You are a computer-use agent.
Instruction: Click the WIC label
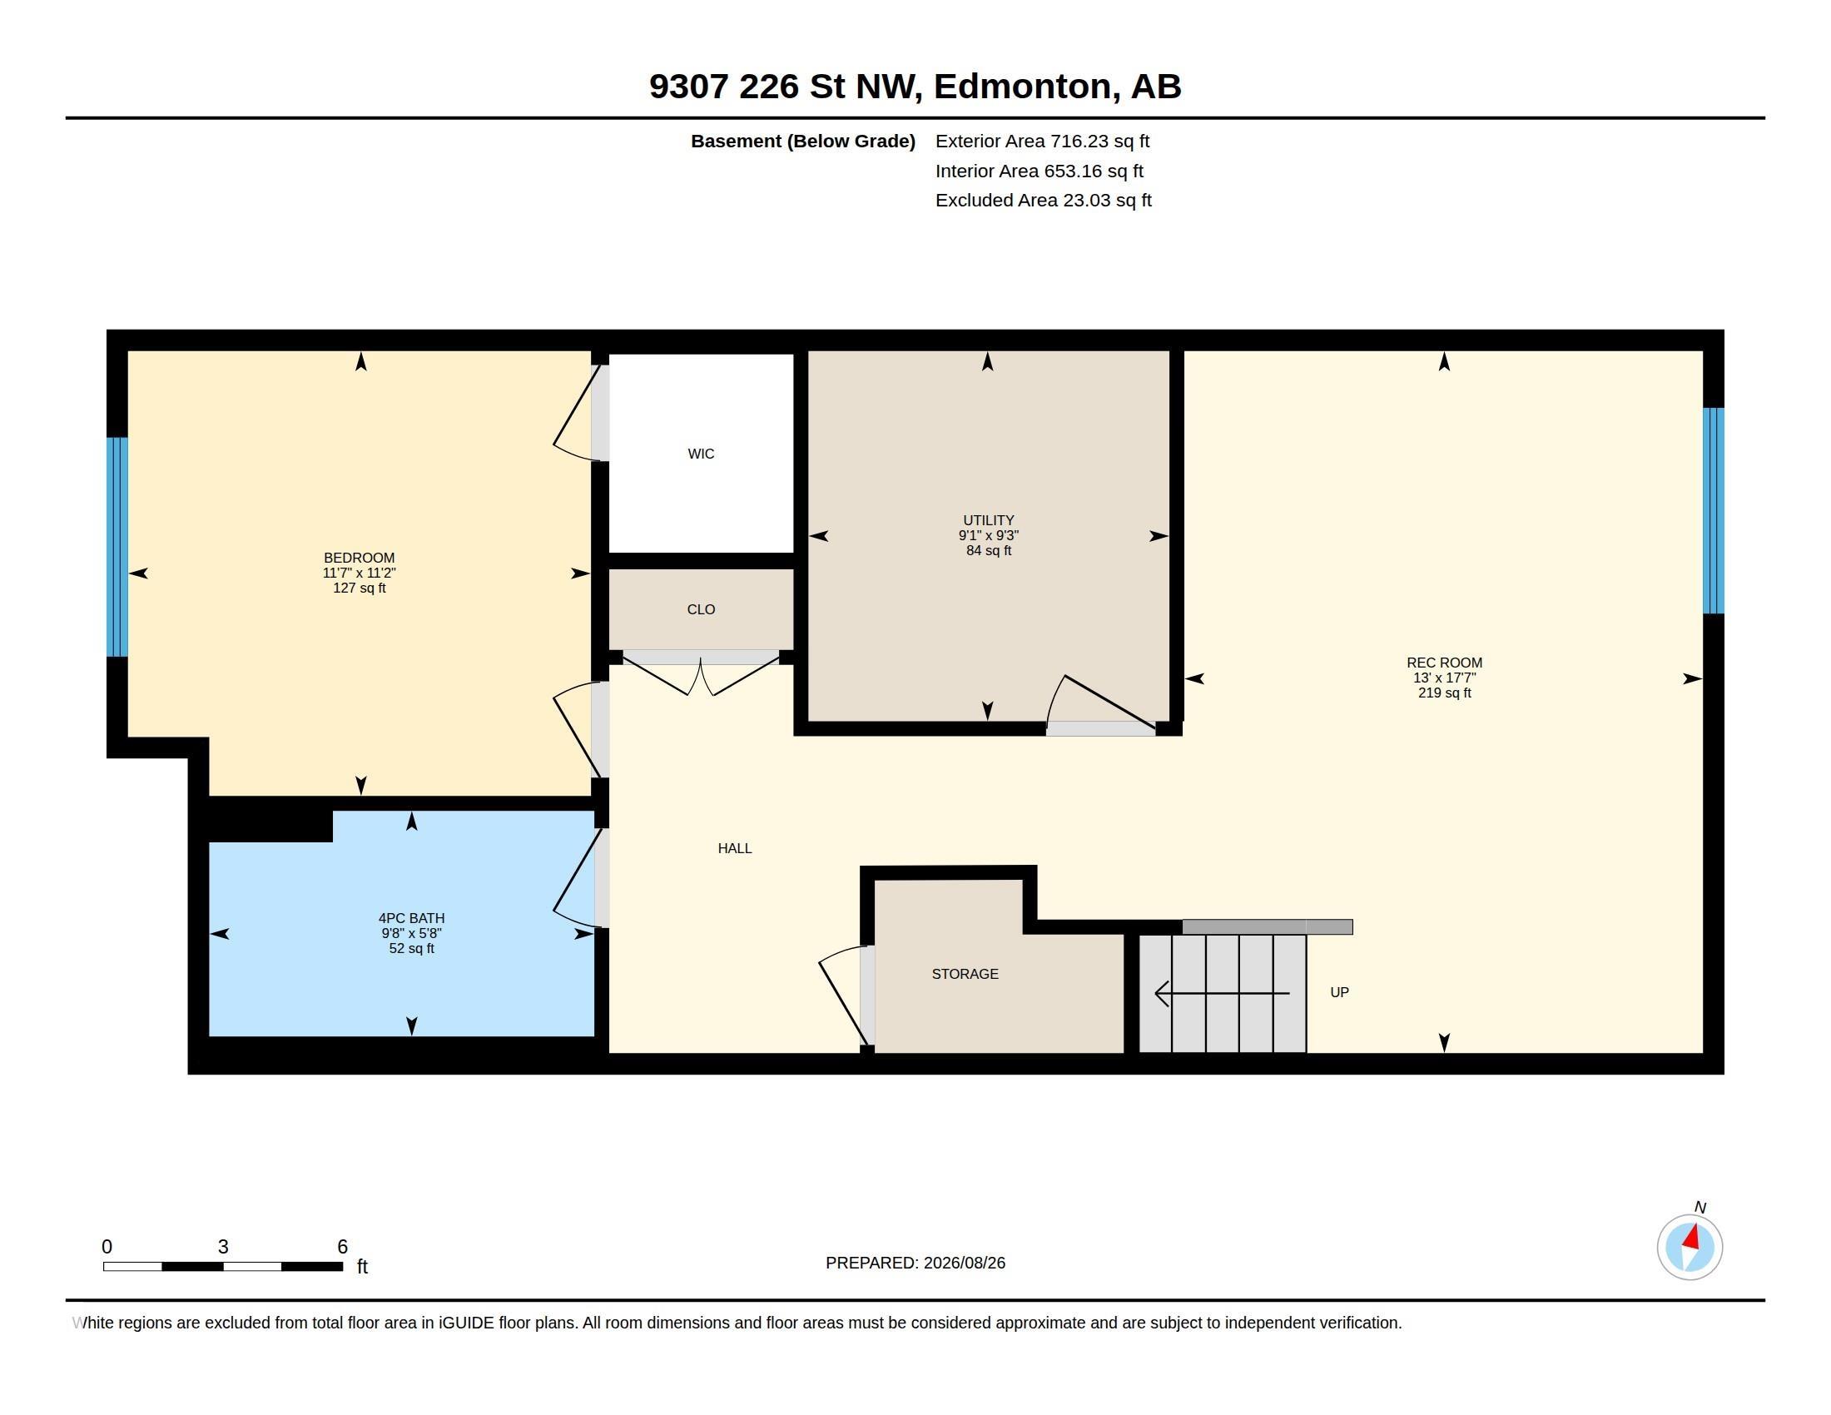701,454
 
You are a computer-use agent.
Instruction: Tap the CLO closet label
701,609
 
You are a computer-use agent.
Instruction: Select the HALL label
734,848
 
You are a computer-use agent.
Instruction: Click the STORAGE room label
965,974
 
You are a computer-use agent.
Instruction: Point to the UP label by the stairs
1340,992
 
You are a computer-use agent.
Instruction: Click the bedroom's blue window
117,547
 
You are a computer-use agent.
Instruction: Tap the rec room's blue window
1714,510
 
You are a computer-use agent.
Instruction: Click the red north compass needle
1692,1237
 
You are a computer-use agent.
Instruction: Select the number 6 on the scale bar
342,1247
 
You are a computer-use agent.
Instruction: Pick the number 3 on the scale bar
223,1247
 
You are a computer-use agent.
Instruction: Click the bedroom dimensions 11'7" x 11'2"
359,573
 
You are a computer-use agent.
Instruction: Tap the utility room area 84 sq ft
989,551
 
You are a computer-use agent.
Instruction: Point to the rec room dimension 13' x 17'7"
1445,678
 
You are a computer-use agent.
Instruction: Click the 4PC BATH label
412,918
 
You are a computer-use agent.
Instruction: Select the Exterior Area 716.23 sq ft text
1042,141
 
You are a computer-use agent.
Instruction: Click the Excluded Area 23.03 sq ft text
1043,201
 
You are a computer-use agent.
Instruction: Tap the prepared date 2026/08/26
964,1264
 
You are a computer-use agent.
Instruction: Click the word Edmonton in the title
1027,87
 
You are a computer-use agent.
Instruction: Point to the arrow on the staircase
1223,993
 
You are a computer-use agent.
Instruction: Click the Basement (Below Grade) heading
802,141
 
